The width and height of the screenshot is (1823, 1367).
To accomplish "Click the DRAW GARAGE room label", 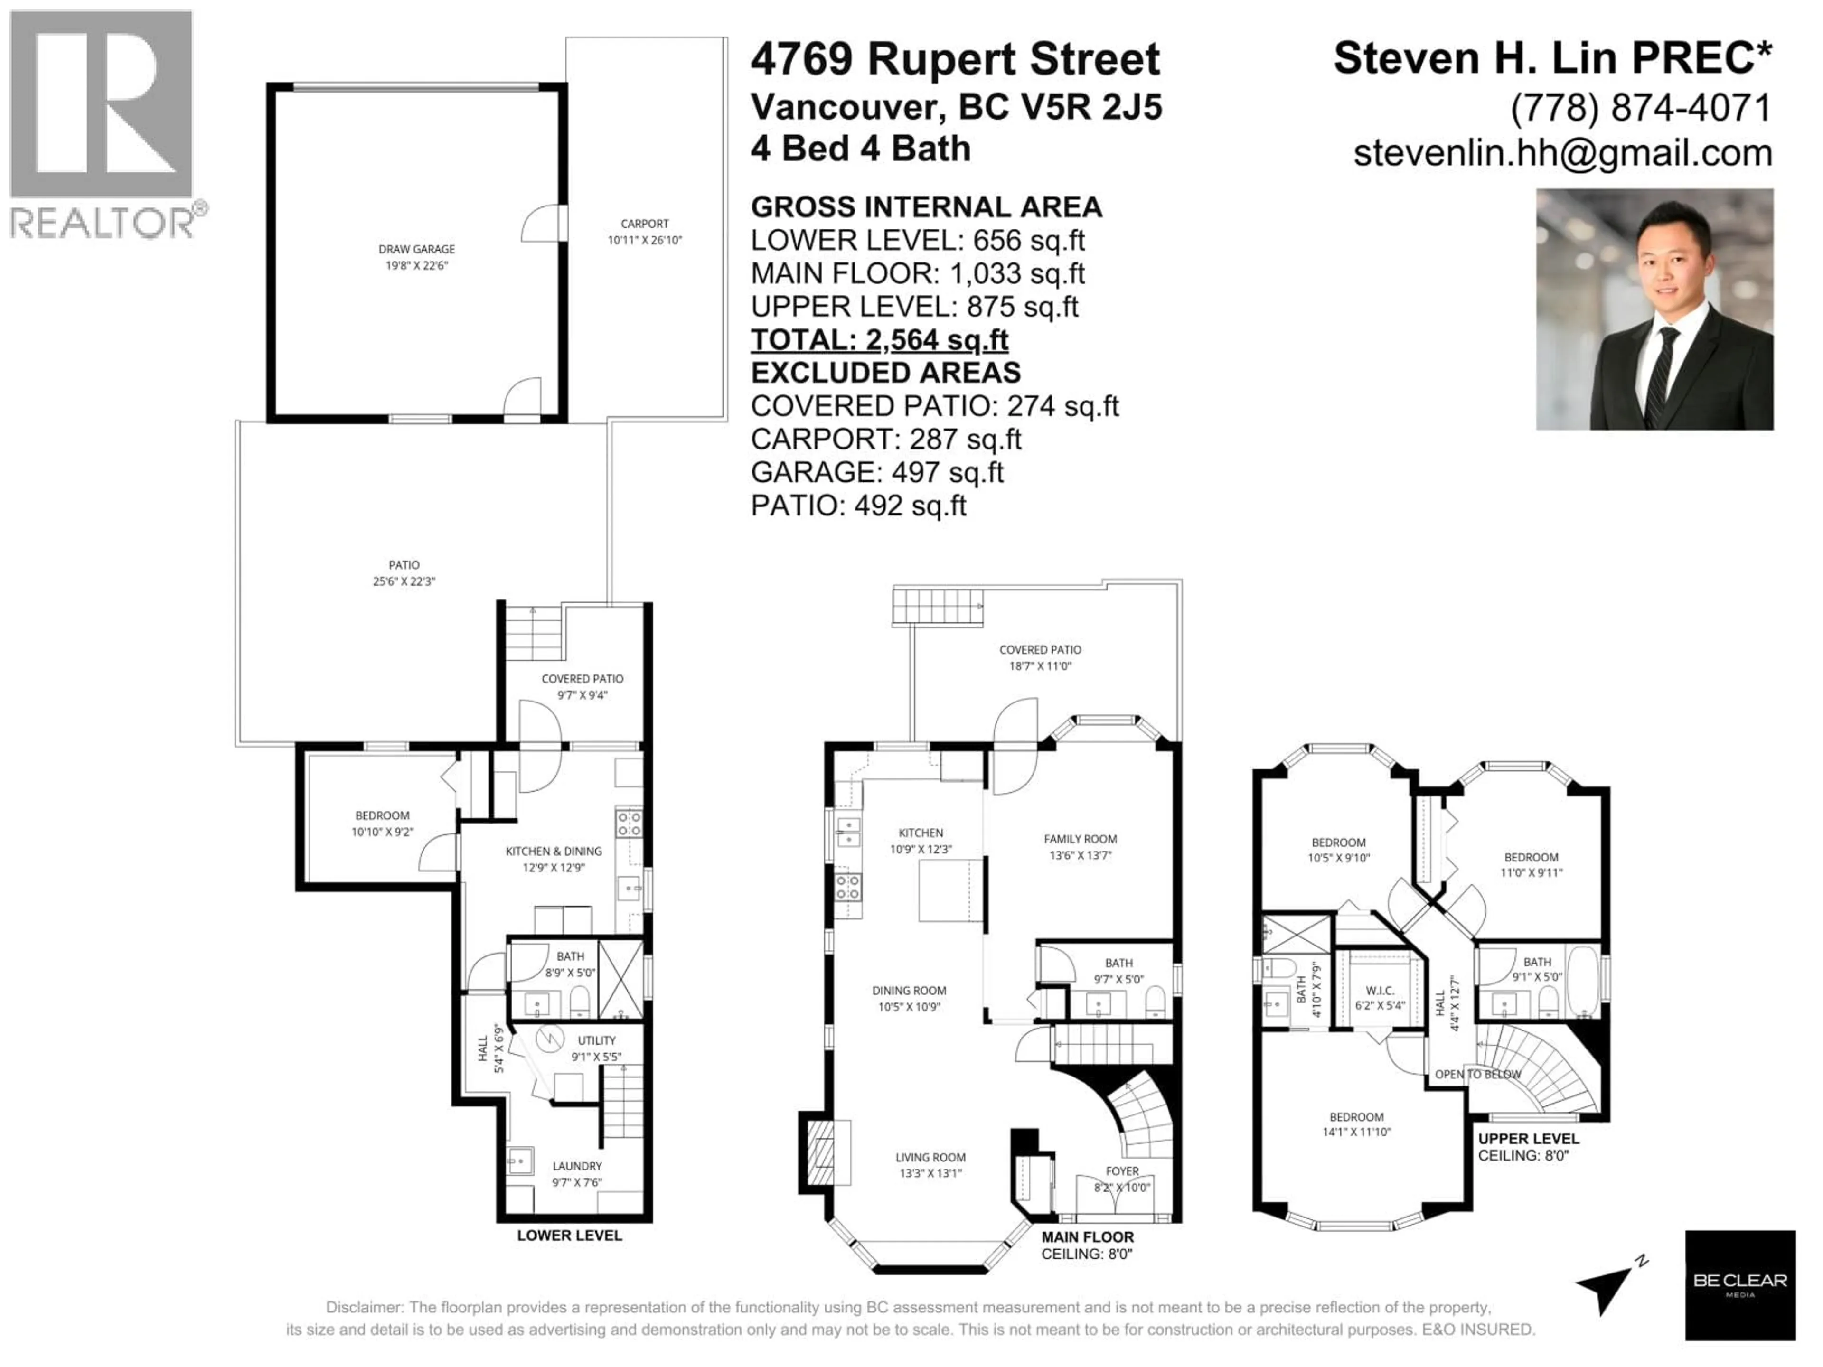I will (x=416, y=249).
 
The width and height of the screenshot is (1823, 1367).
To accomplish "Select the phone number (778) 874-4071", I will (x=1641, y=108).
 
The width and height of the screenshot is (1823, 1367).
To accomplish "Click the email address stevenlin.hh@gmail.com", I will (x=1562, y=153).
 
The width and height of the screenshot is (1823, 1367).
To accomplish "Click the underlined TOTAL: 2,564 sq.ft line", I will (x=879, y=339).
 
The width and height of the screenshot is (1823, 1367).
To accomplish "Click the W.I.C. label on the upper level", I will (x=1380, y=991).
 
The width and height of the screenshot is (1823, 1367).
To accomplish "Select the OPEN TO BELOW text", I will (x=1478, y=1075).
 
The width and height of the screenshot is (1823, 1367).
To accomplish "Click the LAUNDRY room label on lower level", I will (x=577, y=1166).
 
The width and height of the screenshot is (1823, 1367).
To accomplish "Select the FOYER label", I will (x=1122, y=1171).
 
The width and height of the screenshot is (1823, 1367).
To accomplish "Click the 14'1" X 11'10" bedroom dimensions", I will (x=1356, y=1132).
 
